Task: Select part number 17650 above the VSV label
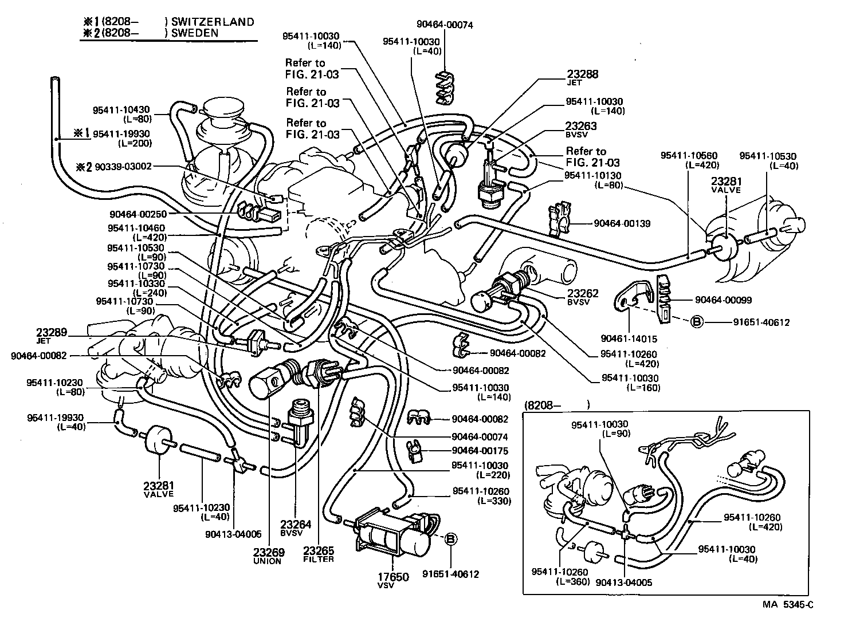point(393,577)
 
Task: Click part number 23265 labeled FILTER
point(319,551)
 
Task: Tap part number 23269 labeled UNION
point(267,553)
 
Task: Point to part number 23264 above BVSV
point(296,524)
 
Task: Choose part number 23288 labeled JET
point(583,74)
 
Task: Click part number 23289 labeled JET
point(52,332)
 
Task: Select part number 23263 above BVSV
point(581,126)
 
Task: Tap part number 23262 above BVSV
point(583,294)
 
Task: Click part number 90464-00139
point(622,223)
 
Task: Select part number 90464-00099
point(723,300)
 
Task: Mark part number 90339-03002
point(123,167)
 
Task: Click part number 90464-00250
point(138,214)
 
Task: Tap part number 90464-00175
point(480,451)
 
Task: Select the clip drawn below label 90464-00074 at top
point(445,89)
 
